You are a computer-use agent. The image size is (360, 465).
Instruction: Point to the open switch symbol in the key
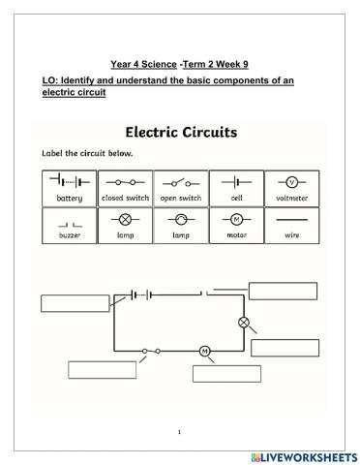click(180, 181)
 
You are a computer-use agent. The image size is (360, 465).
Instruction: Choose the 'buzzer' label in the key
click(70, 235)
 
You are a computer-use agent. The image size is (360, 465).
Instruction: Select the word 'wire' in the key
click(291, 235)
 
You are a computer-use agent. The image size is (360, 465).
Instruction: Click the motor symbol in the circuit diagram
click(204, 350)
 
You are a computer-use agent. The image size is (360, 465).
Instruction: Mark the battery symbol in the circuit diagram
click(136, 294)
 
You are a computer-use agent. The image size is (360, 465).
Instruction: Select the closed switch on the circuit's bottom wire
click(150, 350)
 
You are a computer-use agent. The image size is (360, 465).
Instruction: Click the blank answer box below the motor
click(226, 374)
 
